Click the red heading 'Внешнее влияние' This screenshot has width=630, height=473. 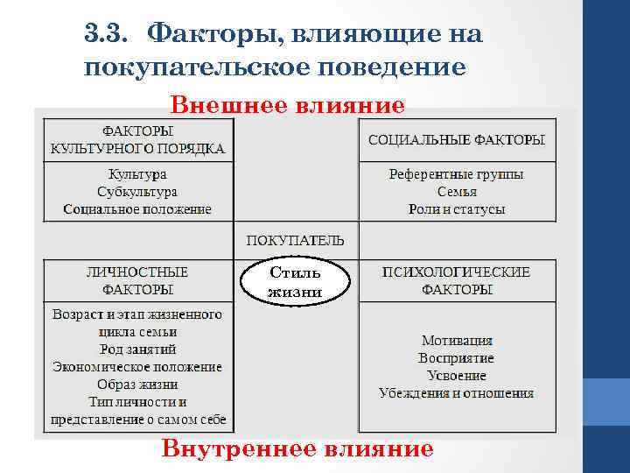[288, 106]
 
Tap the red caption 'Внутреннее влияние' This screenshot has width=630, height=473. [297, 449]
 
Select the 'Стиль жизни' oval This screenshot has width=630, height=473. [295, 281]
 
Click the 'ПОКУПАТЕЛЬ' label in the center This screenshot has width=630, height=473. [295, 240]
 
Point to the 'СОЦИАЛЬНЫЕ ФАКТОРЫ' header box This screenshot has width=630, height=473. [456, 140]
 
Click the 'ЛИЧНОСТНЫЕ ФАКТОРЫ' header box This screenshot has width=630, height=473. [137, 280]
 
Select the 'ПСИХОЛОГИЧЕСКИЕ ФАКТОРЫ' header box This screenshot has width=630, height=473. [456, 280]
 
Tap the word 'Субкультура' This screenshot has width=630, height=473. [137, 192]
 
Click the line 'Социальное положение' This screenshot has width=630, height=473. [137, 209]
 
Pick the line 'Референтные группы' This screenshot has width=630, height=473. [456, 174]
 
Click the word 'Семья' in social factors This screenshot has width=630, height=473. [456, 192]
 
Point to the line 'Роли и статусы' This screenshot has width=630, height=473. [456, 209]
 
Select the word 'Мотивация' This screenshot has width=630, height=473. [456, 341]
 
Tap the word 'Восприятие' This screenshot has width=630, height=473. [456, 358]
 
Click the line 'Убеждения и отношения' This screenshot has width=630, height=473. [456, 392]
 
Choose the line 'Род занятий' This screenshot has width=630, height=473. [137, 349]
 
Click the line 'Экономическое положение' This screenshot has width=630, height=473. [137, 367]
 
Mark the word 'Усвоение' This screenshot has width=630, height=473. [456, 375]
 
